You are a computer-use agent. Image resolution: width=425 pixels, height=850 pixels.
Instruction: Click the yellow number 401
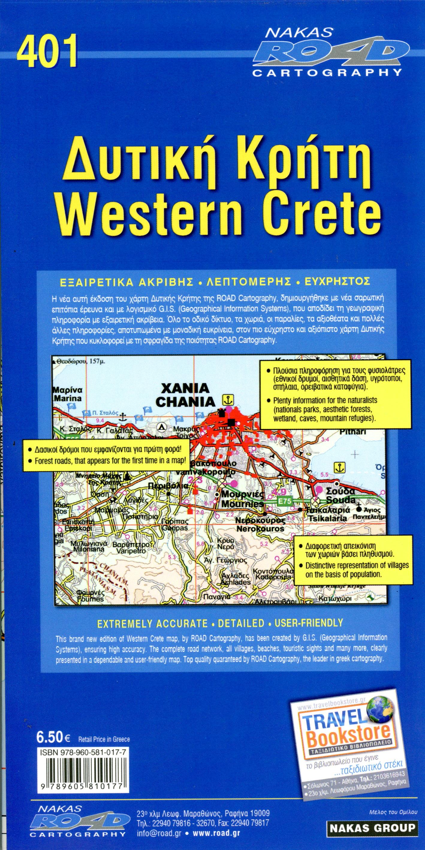tap(47, 52)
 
